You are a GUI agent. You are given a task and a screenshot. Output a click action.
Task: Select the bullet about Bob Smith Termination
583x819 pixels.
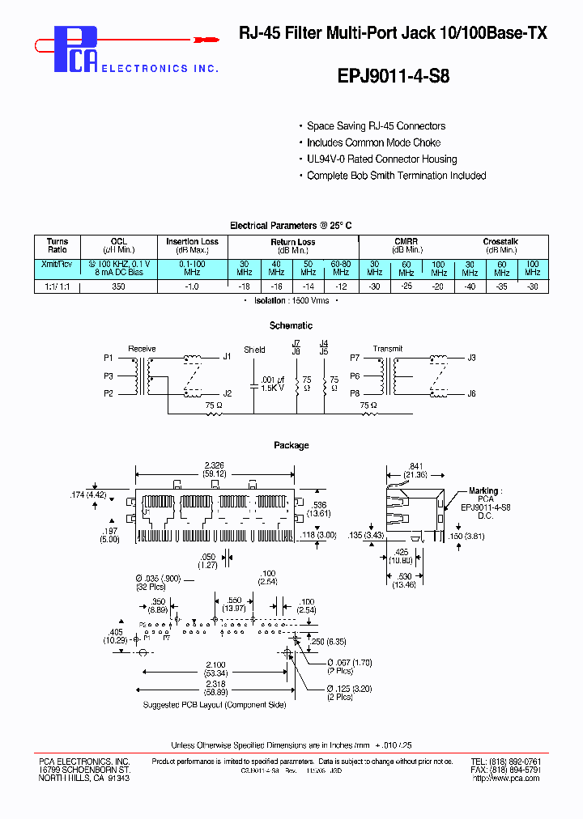tap(396, 176)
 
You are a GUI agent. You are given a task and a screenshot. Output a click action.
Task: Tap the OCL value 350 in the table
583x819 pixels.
tap(118, 287)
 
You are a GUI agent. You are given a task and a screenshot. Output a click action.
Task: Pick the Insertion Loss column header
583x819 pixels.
tap(192, 242)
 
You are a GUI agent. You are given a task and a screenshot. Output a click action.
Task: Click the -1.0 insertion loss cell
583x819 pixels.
tap(192, 287)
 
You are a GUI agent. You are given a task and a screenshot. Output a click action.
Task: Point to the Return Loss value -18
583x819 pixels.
tap(244, 287)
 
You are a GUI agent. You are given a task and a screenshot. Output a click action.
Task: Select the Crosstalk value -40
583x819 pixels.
tap(470, 287)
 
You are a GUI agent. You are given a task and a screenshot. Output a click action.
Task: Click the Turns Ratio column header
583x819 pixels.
tap(57, 245)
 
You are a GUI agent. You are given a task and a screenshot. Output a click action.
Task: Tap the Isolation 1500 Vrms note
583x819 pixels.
tap(291, 299)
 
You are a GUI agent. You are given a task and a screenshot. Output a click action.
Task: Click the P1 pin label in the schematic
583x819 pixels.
tap(108, 357)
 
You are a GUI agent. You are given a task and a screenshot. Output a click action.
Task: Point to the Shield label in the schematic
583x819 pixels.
tap(255, 350)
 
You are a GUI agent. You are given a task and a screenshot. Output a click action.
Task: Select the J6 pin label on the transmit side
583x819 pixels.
tap(471, 393)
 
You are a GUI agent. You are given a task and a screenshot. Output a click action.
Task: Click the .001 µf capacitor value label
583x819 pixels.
tap(274, 380)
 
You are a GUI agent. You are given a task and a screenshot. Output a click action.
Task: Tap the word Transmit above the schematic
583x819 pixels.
tap(387, 349)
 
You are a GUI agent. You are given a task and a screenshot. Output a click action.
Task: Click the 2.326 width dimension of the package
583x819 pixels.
tap(215, 465)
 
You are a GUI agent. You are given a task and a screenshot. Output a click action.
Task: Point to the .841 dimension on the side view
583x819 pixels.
tap(415, 466)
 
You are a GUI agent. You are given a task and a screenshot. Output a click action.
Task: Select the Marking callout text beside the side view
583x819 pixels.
tap(485, 490)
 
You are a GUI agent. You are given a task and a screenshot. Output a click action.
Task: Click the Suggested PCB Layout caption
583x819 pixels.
tap(215, 705)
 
